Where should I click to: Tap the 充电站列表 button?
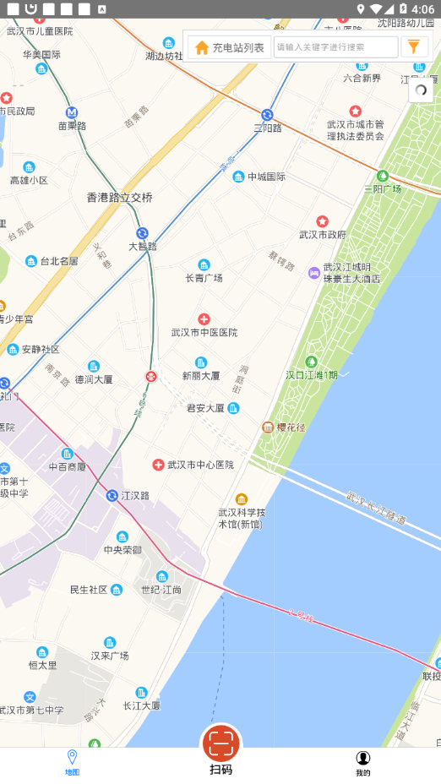tap(229, 47)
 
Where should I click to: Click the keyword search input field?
tap(335, 47)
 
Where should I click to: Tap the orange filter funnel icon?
tap(413, 46)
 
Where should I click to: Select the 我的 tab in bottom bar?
tap(362, 762)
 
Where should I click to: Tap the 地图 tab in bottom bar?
tap(72, 762)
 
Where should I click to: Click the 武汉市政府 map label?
tap(323, 234)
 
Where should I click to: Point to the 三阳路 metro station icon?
tap(267, 115)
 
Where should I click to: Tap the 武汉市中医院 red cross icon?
tap(204, 319)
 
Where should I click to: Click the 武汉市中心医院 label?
tap(200, 465)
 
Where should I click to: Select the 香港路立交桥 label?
tap(120, 198)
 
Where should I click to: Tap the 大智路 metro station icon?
tap(142, 233)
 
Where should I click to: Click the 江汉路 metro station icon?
tap(112, 495)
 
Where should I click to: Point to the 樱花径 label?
tap(290, 427)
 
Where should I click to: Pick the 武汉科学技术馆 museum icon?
tap(242, 498)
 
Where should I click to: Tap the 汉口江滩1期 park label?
tap(312, 375)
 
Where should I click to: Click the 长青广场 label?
tap(204, 278)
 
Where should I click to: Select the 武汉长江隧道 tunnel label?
tap(376, 506)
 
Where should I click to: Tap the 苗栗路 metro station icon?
tap(72, 112)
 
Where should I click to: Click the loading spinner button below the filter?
tap(421, 90)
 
